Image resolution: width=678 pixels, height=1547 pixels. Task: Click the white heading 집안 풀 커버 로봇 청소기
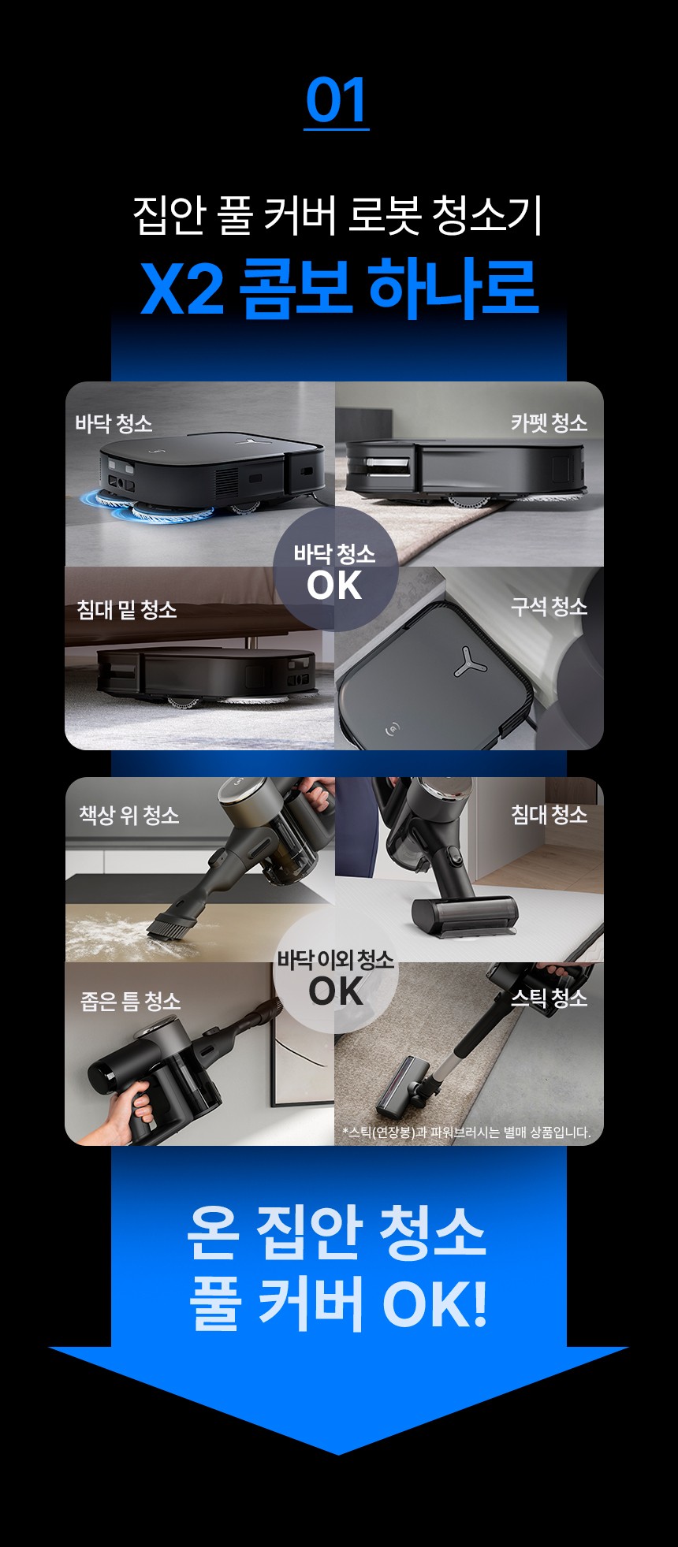[x=338, y=215]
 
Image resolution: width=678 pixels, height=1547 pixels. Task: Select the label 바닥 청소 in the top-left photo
[x=114, y=424]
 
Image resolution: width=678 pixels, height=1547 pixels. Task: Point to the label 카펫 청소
[x=549, y=423]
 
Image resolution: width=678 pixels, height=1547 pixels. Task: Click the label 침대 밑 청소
[x=126, y=609]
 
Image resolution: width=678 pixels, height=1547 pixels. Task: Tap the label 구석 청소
[x=549, y=607]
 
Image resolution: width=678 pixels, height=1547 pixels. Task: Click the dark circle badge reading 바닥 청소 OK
[x=335, y=569]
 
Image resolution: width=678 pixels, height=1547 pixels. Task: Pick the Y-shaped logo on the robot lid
[x=470, y=662]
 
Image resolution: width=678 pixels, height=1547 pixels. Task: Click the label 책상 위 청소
[x=129, y=815]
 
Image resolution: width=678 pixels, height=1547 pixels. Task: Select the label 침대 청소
[x=549, y=814]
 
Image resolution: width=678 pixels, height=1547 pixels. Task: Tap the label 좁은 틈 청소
[x=131, y=1001]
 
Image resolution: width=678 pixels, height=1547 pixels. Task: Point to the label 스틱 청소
[x=549, y=998]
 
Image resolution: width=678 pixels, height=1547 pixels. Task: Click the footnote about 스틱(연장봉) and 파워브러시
[x=467, y=1132]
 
